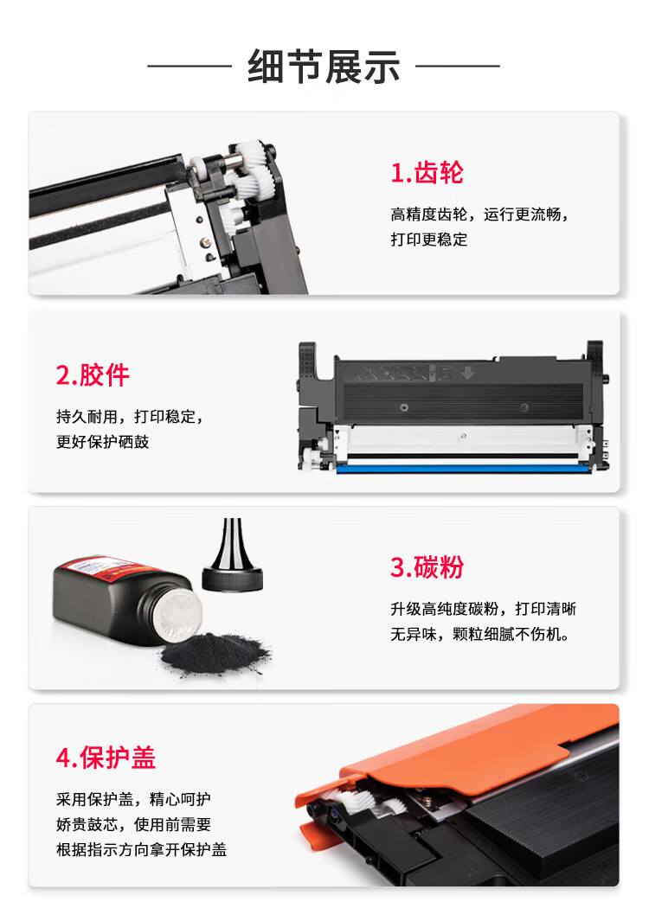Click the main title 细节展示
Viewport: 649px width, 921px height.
tap(324, 67)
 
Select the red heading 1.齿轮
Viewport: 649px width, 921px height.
tap(427, 173)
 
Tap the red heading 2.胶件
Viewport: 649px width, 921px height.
tap(93, 375)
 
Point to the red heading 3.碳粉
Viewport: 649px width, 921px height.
tap(427, 566)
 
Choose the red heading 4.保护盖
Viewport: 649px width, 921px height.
tap(106, 758)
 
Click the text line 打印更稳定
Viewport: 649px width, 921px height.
tap(429, 240)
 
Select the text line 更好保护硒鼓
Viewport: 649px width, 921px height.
tap(102, 442)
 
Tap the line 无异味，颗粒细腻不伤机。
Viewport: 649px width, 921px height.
tap(479, 634)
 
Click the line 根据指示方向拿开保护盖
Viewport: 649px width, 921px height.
tap(141, 849)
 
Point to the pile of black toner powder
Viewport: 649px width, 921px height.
tap(215, 653)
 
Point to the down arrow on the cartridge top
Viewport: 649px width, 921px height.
tap(468, 373)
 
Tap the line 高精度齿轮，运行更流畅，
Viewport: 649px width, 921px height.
tap(479, 214)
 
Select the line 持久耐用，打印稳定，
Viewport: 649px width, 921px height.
tap(130, 417)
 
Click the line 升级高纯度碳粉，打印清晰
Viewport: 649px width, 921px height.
tap(483, 609)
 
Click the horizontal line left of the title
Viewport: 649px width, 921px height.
tap(190, 67)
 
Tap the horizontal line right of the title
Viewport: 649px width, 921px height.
tap(458, 67)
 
